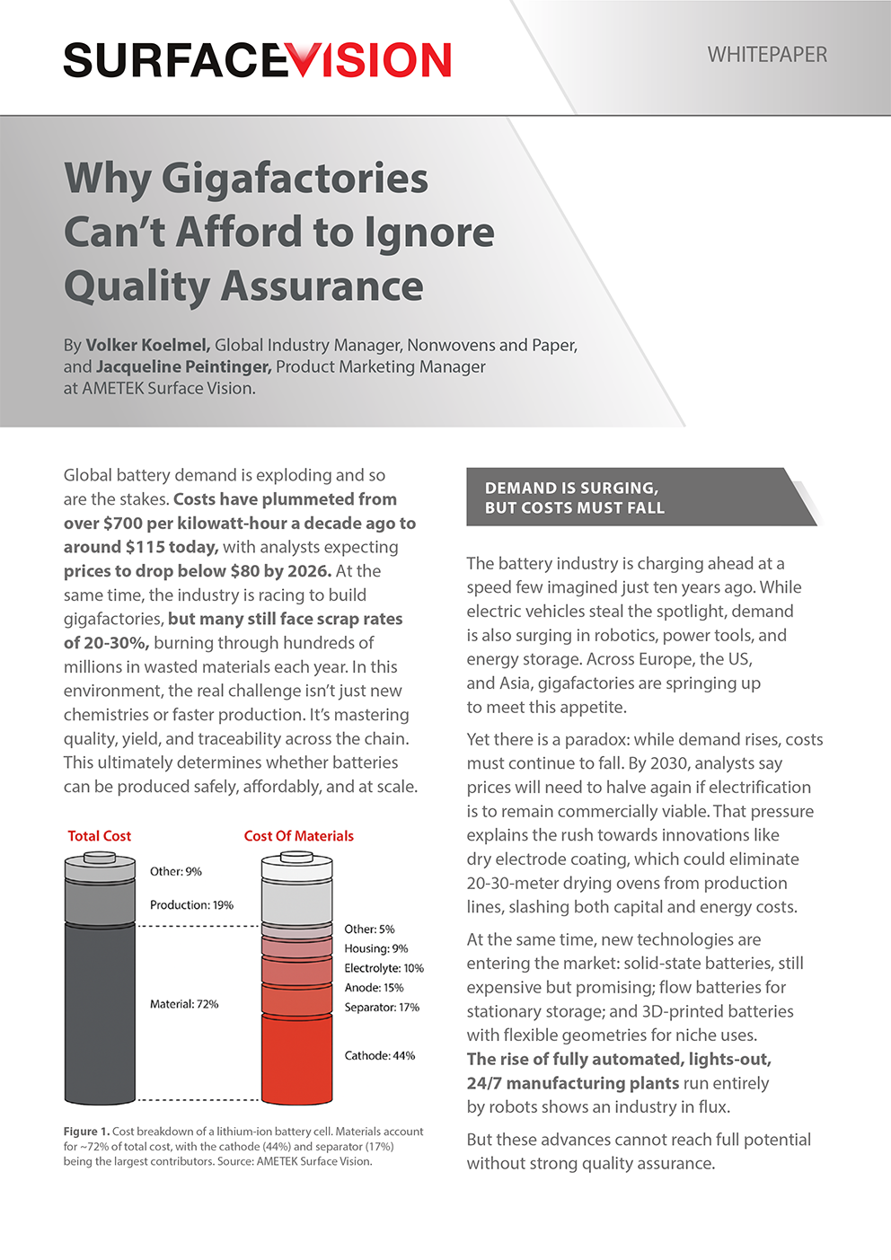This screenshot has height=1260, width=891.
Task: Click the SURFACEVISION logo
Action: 257,60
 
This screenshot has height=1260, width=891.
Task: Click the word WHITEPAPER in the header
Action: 767,55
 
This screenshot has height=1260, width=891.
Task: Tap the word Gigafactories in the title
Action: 295,178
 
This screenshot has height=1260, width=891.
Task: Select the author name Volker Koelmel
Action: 148,345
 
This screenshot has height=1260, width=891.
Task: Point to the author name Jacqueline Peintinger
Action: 183,366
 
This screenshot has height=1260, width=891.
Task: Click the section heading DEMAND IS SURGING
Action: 572,488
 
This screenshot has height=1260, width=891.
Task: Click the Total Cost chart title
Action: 100,835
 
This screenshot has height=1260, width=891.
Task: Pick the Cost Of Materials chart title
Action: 298,835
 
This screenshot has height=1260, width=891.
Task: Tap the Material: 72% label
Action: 184,1004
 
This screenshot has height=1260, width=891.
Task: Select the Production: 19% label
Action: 191,905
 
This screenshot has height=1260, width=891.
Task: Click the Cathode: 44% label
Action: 380,1055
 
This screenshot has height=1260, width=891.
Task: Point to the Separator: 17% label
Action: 382,1008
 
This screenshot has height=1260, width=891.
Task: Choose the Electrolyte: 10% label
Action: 384,968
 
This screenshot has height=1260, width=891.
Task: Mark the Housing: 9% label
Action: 376,948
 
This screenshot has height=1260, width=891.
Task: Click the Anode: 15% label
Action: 374,988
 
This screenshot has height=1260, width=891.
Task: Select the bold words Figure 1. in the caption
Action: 86,1132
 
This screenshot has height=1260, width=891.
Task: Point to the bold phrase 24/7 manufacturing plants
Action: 573,1083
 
